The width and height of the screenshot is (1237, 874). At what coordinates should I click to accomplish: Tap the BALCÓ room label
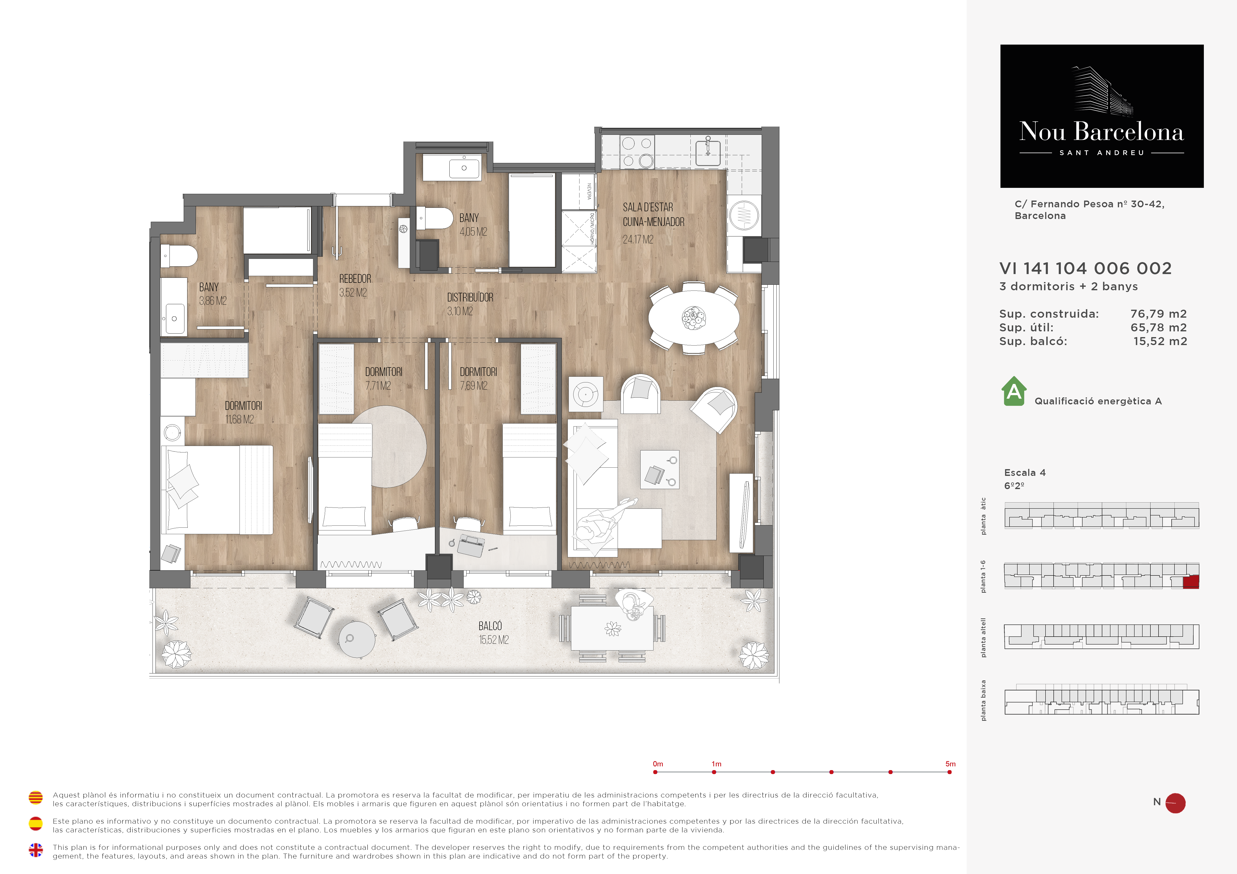click(x=490, y=626)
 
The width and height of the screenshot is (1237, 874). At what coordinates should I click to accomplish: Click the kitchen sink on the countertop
click(x=708, y=151)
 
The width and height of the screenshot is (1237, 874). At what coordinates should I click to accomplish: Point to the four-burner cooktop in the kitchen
click(x=637, y=152)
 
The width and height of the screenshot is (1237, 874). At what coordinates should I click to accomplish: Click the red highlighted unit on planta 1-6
click(x=1191, y=582)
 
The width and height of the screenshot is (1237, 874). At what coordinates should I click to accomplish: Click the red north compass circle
click(x=1176, y=803)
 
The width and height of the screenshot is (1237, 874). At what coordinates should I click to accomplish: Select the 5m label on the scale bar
click(x=950, y=764)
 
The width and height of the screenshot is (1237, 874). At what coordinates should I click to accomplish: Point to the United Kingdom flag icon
click(x=36, y=850)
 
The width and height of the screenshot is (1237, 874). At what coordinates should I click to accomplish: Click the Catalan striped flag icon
click(x=36, y=798)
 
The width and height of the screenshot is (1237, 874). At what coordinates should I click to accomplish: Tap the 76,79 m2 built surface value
click(x=1158, y=313)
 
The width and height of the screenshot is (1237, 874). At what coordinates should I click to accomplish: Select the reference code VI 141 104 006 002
click(x=1086, y=268)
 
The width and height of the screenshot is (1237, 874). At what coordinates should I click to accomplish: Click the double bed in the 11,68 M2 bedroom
click(x=217, y=490)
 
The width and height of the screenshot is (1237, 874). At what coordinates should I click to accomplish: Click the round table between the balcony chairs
click(x=357, y=639)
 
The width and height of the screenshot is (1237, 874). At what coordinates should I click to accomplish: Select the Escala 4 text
click(x=1025, y=472)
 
